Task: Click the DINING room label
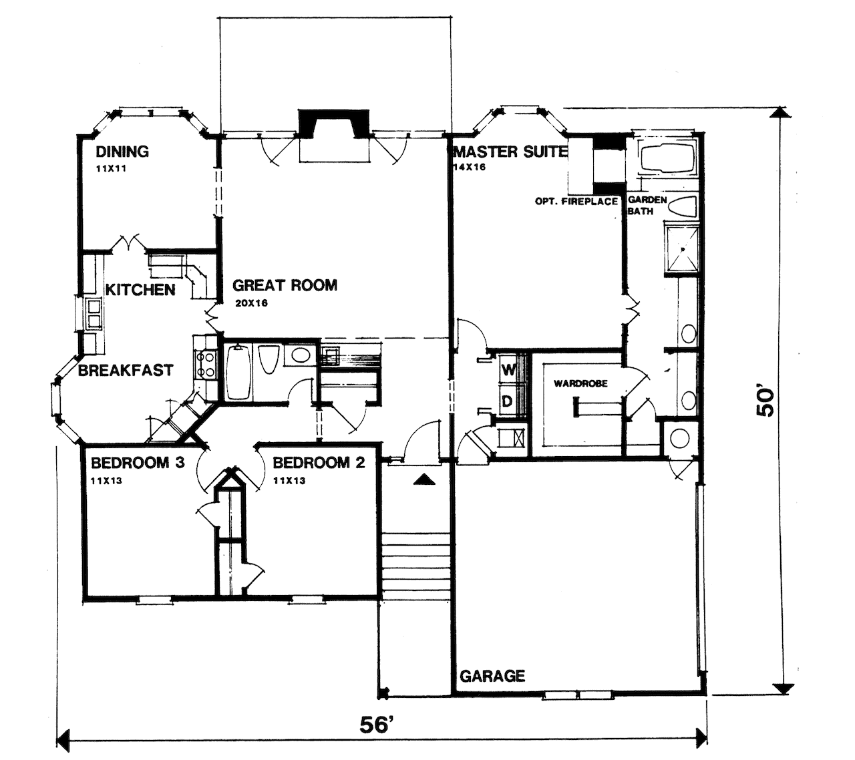pos(122,152)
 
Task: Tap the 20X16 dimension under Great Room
pos(250,304)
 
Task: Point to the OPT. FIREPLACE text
pos(576,201)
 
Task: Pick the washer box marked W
pos(508,369)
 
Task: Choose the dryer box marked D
pos(508,401)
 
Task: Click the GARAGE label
pos(492,676)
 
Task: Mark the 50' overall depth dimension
pos(766,401)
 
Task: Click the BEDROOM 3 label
pos(137,462)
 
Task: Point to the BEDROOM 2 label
pos(319,462)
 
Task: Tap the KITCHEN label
pos(140,290)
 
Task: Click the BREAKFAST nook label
pos(126,370)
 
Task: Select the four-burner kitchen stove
pos(204,365)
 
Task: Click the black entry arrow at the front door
pos(424,478)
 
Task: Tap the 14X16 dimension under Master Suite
pos(469,167)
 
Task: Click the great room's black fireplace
pos(334,125)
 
